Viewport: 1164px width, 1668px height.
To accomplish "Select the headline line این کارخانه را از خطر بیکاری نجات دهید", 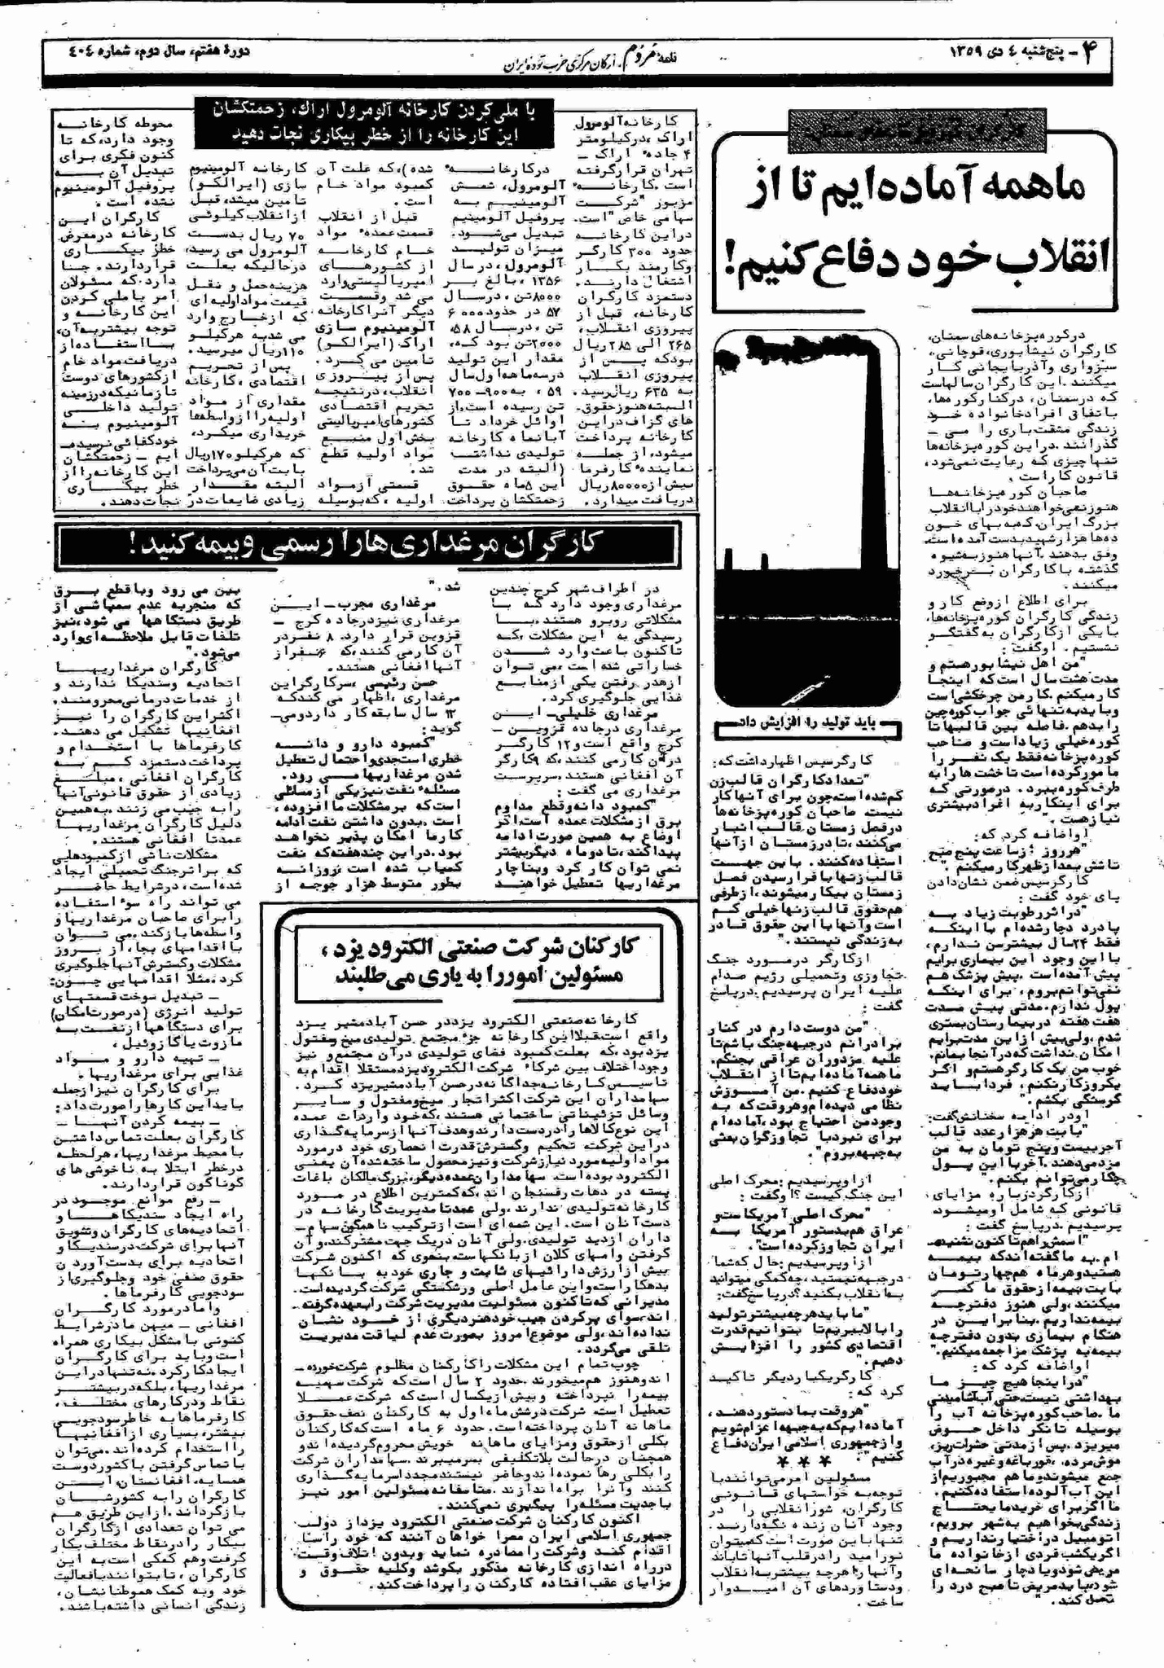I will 373,132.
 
